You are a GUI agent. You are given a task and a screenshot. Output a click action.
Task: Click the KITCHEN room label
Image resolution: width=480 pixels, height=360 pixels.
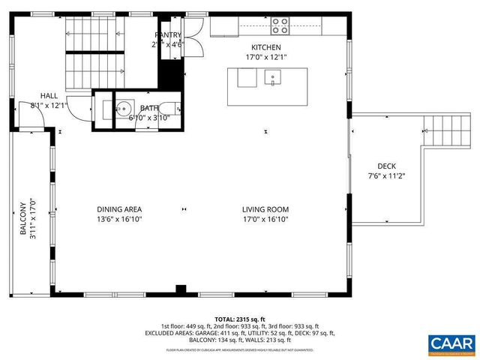(265, 46)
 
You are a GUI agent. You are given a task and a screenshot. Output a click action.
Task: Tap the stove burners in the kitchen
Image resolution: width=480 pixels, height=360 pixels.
(280, 26)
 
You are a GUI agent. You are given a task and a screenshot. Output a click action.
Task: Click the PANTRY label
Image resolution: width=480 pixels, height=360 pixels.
(168, 34)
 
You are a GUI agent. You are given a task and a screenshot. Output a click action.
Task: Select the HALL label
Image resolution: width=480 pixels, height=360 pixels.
(49, 96)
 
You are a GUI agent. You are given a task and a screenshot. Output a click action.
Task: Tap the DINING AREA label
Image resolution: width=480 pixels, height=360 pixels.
(119, 209)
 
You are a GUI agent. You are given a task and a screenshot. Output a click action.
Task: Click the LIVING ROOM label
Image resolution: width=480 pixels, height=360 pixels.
(265, 209)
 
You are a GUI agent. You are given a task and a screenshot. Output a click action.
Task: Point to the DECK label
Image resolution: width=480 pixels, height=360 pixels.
(386, 166)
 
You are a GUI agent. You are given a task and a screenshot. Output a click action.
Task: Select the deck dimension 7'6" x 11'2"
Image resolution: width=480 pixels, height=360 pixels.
(386, 176)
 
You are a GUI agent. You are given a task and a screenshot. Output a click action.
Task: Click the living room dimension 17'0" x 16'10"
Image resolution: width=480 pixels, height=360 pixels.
(265, 219)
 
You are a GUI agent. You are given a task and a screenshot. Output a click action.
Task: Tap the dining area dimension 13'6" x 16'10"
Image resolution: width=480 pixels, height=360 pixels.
(119, 219)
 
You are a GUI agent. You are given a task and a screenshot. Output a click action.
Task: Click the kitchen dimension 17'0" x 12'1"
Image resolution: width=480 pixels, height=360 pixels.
(265, 56)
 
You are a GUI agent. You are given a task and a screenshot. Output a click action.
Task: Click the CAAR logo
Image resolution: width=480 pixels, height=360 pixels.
(451, 343)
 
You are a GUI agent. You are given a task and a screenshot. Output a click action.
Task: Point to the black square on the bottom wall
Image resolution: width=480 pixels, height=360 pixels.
(180, 289)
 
